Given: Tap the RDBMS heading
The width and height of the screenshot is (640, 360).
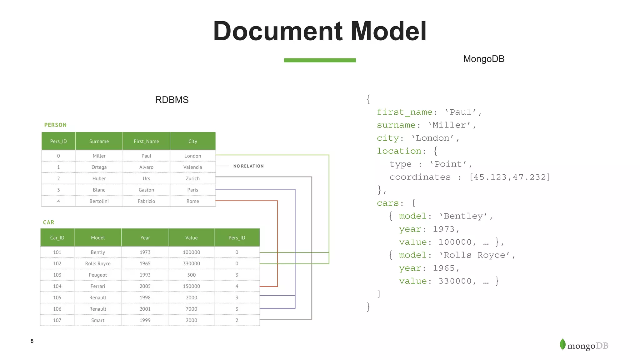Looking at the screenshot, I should [172, 100].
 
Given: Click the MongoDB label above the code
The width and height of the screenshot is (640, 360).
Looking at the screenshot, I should [483, 59].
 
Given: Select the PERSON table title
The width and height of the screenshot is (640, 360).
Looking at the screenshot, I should [55, 125].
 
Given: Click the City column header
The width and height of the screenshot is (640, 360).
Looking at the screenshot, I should [192, 141].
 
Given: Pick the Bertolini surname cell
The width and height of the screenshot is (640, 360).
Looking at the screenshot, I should [99, 201].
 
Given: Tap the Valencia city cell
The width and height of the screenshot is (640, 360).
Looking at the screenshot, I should [192, 167].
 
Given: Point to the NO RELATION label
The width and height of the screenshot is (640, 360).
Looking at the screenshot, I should [248, 166].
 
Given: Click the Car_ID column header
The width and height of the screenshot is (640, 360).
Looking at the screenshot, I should [57, 238].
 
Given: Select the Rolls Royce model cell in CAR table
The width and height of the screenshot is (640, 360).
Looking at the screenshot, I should [98, 264].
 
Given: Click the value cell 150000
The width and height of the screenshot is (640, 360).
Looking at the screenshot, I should [191, 286].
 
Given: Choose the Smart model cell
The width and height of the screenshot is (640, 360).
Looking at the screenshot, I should [98, 320].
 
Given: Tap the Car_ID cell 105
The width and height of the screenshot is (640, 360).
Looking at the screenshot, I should [57, 297].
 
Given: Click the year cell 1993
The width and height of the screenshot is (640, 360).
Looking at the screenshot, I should [145, 275].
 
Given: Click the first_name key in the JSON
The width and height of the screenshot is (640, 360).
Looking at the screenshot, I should [405, 112].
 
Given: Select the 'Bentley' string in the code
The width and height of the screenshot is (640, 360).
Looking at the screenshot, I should [463, 216].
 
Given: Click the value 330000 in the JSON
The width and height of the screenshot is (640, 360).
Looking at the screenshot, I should [455, 281].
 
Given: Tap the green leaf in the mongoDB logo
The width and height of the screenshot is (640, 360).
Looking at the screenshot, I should [562, 345].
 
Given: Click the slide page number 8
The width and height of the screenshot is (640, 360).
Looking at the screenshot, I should [32, 341].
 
